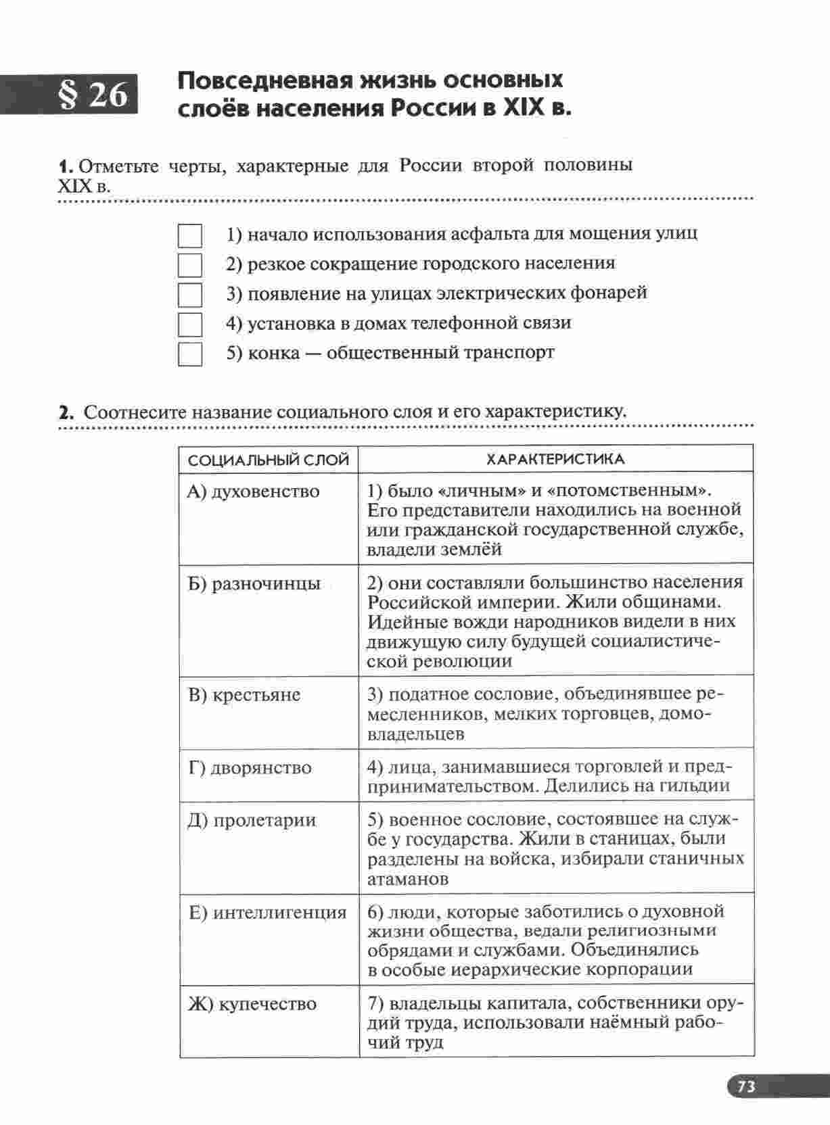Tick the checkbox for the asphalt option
tap(190, 236)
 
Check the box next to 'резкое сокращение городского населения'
tap(190, 265)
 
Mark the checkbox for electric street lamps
tap(190, 295)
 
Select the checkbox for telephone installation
tap(190, 325)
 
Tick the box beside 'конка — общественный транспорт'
tap(190, 354)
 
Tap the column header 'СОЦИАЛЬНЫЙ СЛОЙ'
tap(269, 460)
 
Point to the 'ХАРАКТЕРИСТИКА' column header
tap(555, 460)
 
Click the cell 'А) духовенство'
tap(254, 492)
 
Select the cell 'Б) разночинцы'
tap(254, 584)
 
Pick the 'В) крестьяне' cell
tap(244, 695)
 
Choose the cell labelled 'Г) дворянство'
tap(250, 768)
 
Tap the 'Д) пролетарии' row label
tap(252, 821)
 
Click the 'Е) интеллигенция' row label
tap(267, 913)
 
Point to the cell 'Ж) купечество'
tap(252, 1004)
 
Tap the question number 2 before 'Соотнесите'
tap(65, 412)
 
